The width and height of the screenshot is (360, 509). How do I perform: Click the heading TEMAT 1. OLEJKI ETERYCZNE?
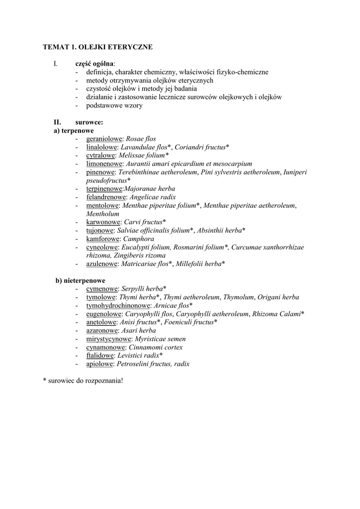[98, 47]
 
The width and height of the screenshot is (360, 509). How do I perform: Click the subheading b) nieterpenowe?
[80, 280]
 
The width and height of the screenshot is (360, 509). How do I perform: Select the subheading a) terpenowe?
[74, 130]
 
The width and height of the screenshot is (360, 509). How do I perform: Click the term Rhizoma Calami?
[276, 314]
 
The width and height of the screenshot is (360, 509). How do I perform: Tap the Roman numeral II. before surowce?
[58, 122]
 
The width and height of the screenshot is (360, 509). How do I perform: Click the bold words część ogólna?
[94, 64]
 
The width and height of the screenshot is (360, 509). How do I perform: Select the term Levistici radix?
[138, 355]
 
